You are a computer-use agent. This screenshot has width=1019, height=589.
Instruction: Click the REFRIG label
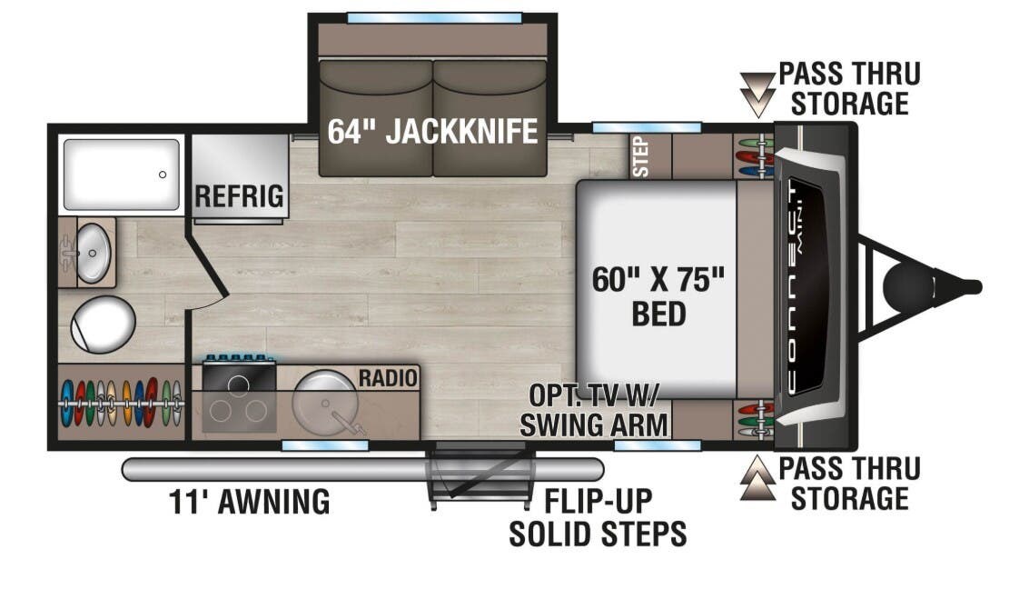[239, 195]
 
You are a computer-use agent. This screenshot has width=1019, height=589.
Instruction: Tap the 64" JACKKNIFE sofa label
[432, 132]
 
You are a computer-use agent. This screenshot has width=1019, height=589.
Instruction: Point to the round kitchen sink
[325, 400]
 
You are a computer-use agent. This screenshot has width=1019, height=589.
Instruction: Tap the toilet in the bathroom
[103, 324]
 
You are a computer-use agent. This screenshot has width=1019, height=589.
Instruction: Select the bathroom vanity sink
[90, 252]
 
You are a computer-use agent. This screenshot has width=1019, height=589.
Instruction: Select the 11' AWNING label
[250, 502]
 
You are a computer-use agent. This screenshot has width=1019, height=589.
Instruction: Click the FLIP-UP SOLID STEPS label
[597, 518]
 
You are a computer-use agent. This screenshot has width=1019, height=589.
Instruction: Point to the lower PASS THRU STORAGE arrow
[756, 479]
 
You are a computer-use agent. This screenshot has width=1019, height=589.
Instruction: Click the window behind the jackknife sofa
[434, 18]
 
